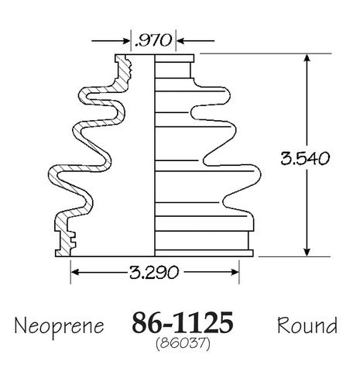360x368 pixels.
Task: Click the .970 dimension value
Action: (153, 40)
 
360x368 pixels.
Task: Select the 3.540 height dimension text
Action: (305, 158)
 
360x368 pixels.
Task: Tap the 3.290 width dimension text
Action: (154, 272)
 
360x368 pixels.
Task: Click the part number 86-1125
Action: (183, 323)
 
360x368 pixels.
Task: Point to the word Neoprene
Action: (59, 326)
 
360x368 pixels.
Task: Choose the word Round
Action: (307, 325)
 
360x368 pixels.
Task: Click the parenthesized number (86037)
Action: (183, 344)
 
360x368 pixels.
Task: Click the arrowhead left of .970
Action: (125, 41)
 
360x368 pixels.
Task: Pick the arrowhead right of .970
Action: (180, 41)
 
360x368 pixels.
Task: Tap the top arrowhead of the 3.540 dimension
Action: (307, 58)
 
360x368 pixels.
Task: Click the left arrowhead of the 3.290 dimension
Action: (75, 272)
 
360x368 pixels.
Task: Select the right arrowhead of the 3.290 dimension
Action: (235, 272)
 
